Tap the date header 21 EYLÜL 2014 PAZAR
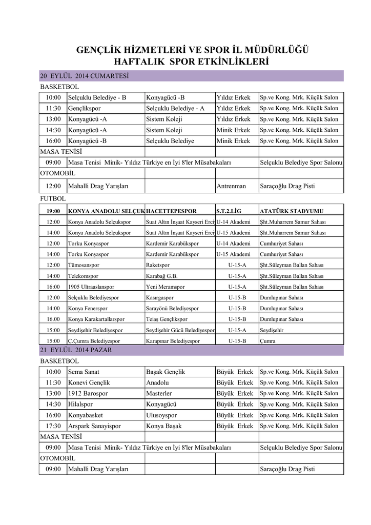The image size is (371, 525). pos(76,350)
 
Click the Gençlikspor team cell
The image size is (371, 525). pos(85,109)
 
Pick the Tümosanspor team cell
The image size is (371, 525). pos(84,266)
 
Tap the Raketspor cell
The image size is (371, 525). pos(158,266)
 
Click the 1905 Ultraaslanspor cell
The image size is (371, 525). pos(91,287)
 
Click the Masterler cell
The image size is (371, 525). pos(159,393)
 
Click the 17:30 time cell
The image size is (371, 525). pos(53,426)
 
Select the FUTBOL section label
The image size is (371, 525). pos(53,198)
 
